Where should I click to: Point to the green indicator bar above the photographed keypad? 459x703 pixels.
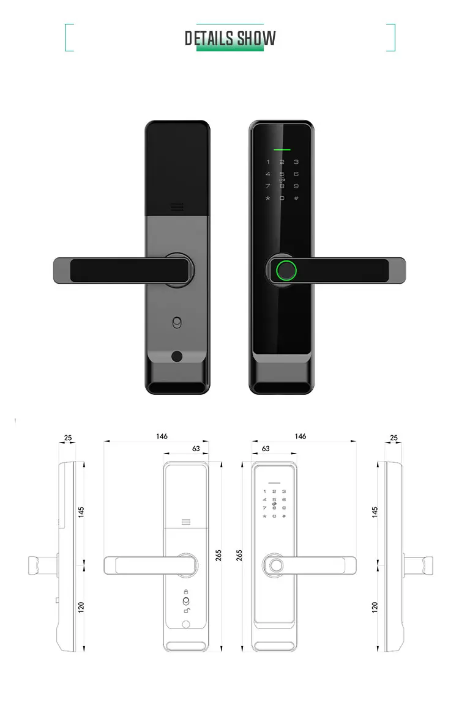click(282, 149)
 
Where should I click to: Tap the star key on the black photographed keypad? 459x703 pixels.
click(267, 198)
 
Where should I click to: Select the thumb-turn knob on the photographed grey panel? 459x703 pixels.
click(177, 322)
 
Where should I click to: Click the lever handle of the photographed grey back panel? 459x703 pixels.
click(122, 270)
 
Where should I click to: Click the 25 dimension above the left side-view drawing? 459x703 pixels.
click(68, 438)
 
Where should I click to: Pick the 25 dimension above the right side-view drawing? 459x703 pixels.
click(394, 438)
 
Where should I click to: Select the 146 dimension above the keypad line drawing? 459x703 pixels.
click(300, 436)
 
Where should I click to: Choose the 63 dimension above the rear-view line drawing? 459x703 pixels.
click(196, 449)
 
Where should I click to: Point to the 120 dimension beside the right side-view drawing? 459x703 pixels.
click(375, 606)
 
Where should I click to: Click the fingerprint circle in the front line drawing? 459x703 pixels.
click(274, 564)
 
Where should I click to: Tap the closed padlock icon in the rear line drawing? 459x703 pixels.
click(186, 593)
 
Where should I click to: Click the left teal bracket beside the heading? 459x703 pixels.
click(69, 38)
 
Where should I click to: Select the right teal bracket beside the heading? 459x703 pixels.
click(391, 38)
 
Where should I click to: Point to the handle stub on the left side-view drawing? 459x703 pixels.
click(42, 565)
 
